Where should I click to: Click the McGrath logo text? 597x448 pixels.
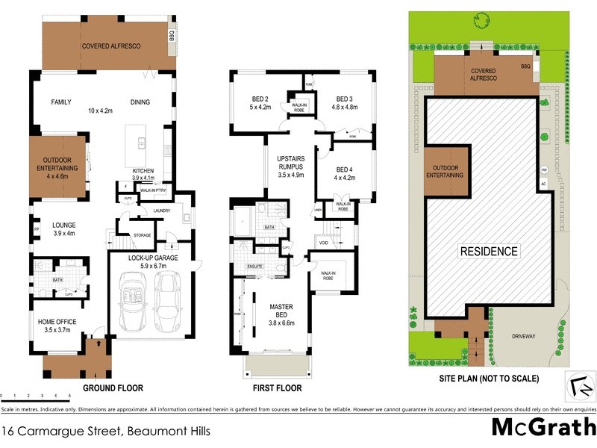click(543, 428)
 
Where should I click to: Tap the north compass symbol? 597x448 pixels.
click(580, 386)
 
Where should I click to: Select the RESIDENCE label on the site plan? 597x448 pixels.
click(488, 252)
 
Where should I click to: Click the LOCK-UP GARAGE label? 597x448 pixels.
click(153, 258)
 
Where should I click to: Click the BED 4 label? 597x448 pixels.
click(342, 172)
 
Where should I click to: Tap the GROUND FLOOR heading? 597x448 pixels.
click(112, 388)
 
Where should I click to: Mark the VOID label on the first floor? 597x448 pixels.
click(323, 243)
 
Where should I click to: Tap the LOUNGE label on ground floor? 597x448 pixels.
click(64, 224)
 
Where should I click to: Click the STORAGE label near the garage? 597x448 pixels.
click(142, 235)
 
